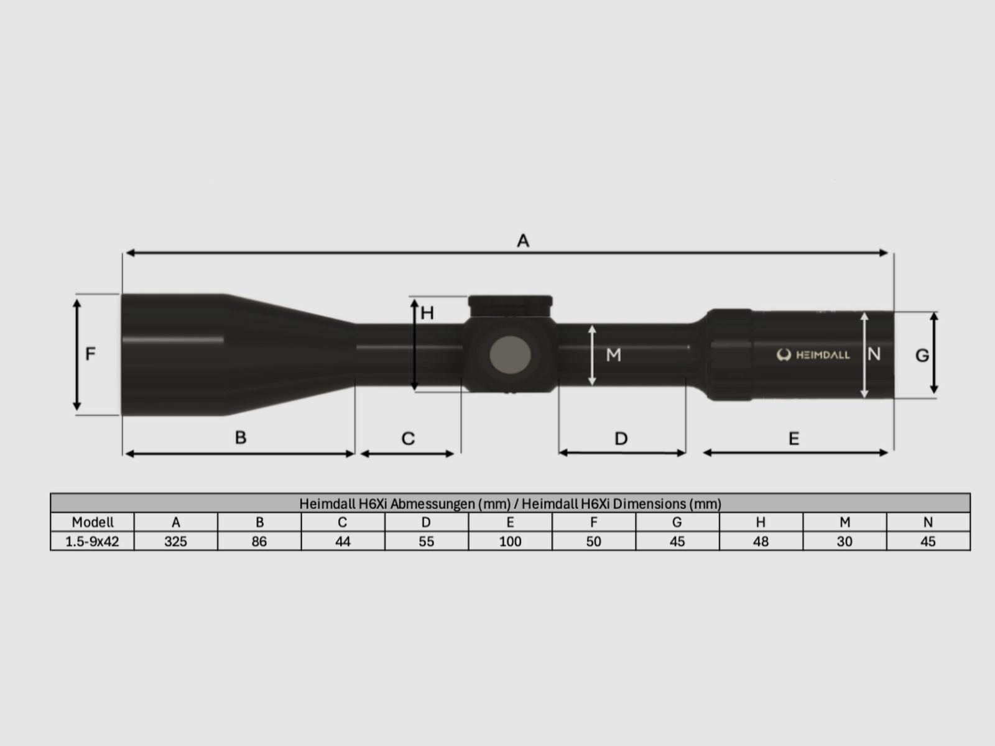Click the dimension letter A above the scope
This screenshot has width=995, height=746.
coord(523,241)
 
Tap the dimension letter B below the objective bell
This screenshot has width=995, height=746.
coord(241,438)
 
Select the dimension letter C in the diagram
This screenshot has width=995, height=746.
coord(408,439)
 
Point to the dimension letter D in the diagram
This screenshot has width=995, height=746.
coord(621,439)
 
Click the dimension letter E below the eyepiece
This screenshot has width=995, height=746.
coord(794,439)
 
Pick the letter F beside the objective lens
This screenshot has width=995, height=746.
coord(90,354)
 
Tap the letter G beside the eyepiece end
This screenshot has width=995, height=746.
coord(922,356)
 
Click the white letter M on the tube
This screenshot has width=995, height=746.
coord(613,355)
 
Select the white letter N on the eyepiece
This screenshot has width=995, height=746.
coord(874,354)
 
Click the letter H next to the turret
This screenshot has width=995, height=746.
coord(427,313)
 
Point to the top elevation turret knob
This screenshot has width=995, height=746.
coord(510,305)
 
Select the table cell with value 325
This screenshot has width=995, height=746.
coord(175,541)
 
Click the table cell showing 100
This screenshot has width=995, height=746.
coord(510,541)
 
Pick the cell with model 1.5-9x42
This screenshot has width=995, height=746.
coord(92,541)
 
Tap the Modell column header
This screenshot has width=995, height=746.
coord(92,522)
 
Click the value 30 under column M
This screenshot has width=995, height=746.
coord(844,541)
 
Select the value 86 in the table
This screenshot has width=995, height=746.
coord(259,541)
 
